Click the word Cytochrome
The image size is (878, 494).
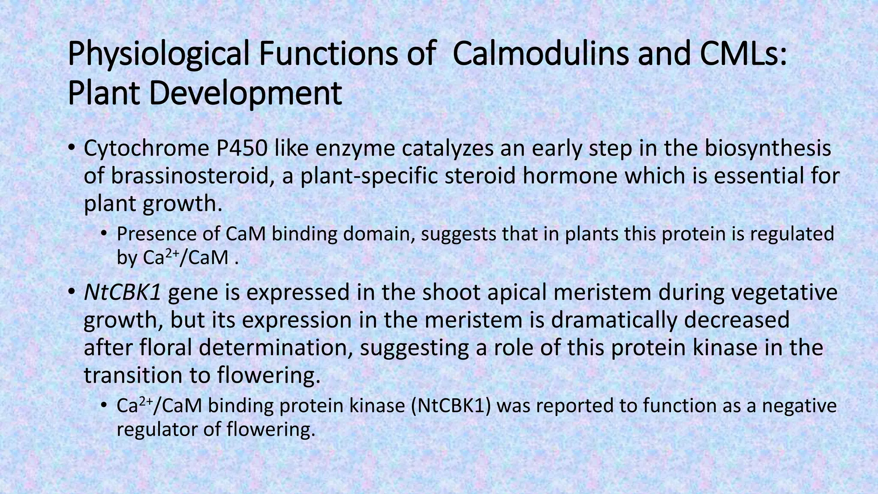(x=144, y=148)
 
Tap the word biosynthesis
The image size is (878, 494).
(x=768, y=148)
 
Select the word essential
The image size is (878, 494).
(x=754, y=176)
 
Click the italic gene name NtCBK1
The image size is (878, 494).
(x=123, y=292)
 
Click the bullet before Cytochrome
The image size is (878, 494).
(x=72, y=148)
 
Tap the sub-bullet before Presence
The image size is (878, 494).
(x=104, y=234)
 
